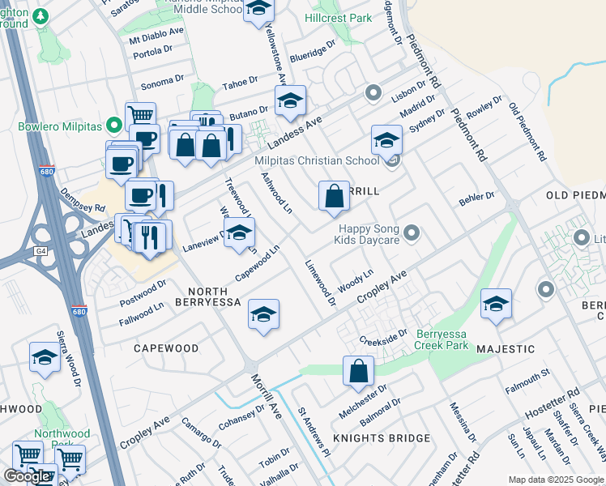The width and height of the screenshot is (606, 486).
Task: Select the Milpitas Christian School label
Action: (x=317, y=160)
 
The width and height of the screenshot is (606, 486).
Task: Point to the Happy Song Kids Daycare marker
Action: (x=412, y=234)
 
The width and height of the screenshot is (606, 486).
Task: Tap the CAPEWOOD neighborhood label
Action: (x=166, y=348)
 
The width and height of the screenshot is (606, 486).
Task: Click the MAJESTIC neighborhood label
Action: (x=506, y=349)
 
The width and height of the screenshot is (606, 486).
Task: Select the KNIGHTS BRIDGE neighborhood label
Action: (x=382, y=438)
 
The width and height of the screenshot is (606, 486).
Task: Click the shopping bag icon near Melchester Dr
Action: (x=358, y=371)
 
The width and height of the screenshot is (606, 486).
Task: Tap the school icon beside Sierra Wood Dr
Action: (x=45, y=356)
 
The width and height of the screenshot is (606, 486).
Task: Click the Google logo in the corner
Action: (x=27, y=475)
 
